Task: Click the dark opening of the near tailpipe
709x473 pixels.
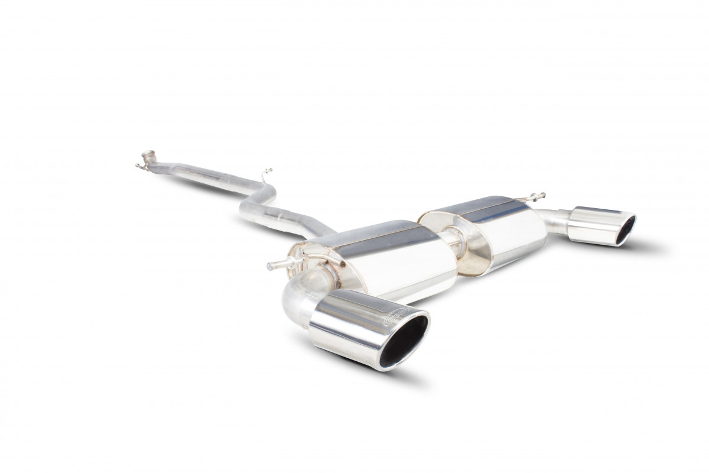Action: pos(403,341)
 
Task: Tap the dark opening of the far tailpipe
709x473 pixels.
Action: pos(625,230)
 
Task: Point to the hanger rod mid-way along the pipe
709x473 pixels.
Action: pos(265,175)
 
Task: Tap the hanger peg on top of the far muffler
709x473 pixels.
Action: pos(535,196)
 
